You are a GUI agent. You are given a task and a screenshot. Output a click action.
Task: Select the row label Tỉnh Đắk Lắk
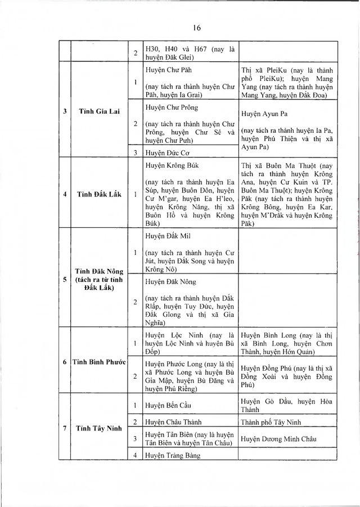pyautogui.click(x=93, y=195)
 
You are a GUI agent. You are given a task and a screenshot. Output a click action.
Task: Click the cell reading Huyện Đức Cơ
pyautogui.click(x=165, y=152)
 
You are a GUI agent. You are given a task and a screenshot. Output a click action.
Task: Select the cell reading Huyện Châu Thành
pyautogui.click(x=169, y=421)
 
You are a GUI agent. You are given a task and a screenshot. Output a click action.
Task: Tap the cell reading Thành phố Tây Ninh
pyautogui.click(x=267, y=421)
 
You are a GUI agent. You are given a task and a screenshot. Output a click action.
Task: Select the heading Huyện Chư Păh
pyautogui.click(x=167, y=71)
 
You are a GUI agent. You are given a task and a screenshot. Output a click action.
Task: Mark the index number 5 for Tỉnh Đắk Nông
pyautogui.click(x=65, y=279)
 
